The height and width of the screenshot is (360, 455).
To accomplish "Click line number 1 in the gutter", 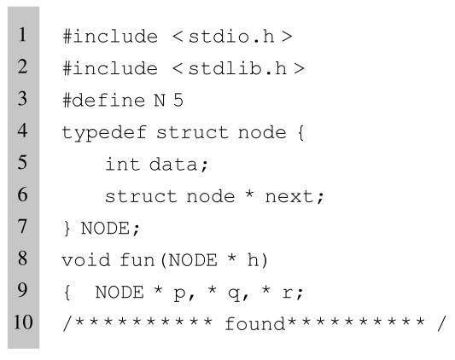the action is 22,34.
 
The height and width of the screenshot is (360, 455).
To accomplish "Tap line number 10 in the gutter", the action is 23,322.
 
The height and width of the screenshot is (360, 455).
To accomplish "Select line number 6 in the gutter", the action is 22,194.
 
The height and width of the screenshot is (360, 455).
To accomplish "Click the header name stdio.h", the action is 231,37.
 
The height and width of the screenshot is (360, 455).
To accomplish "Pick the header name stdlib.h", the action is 237,68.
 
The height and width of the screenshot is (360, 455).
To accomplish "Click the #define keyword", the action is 104,101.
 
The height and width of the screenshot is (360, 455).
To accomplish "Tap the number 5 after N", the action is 178,101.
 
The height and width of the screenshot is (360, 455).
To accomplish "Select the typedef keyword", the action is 104,133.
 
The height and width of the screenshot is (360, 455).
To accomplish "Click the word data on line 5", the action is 173,165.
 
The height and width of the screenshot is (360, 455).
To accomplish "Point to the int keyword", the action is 123,164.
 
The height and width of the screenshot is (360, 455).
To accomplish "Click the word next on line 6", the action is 289,197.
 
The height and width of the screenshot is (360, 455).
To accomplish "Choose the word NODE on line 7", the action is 105,228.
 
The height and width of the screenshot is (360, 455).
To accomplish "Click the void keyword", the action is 86,259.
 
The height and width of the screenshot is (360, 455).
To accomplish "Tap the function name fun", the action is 137,259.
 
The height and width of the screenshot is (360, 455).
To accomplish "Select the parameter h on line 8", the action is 253,259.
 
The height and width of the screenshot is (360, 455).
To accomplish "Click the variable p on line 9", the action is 179,293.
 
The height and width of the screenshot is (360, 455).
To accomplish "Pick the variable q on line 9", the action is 233,293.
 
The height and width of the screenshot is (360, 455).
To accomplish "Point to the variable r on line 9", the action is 288,293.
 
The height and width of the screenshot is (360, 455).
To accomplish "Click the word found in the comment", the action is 254,323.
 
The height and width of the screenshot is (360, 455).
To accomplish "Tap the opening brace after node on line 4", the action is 301,133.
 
